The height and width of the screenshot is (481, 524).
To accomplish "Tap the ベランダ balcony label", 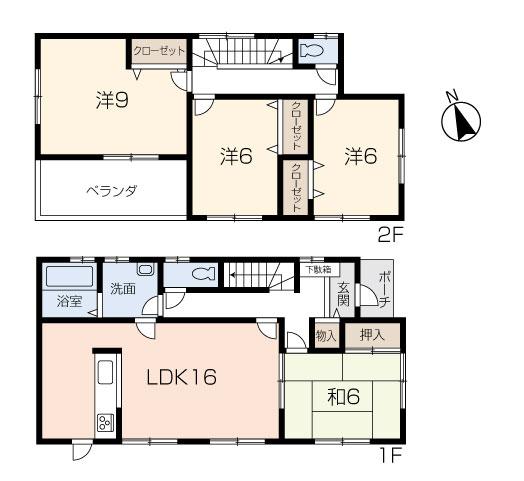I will (x=110, y=190).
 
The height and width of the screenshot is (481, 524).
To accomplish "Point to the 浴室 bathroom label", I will (x=68, y=300).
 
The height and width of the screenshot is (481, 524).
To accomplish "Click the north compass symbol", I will (x=460, y=120).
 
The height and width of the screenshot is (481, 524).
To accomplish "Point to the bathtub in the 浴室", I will (x=68, y=276).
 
